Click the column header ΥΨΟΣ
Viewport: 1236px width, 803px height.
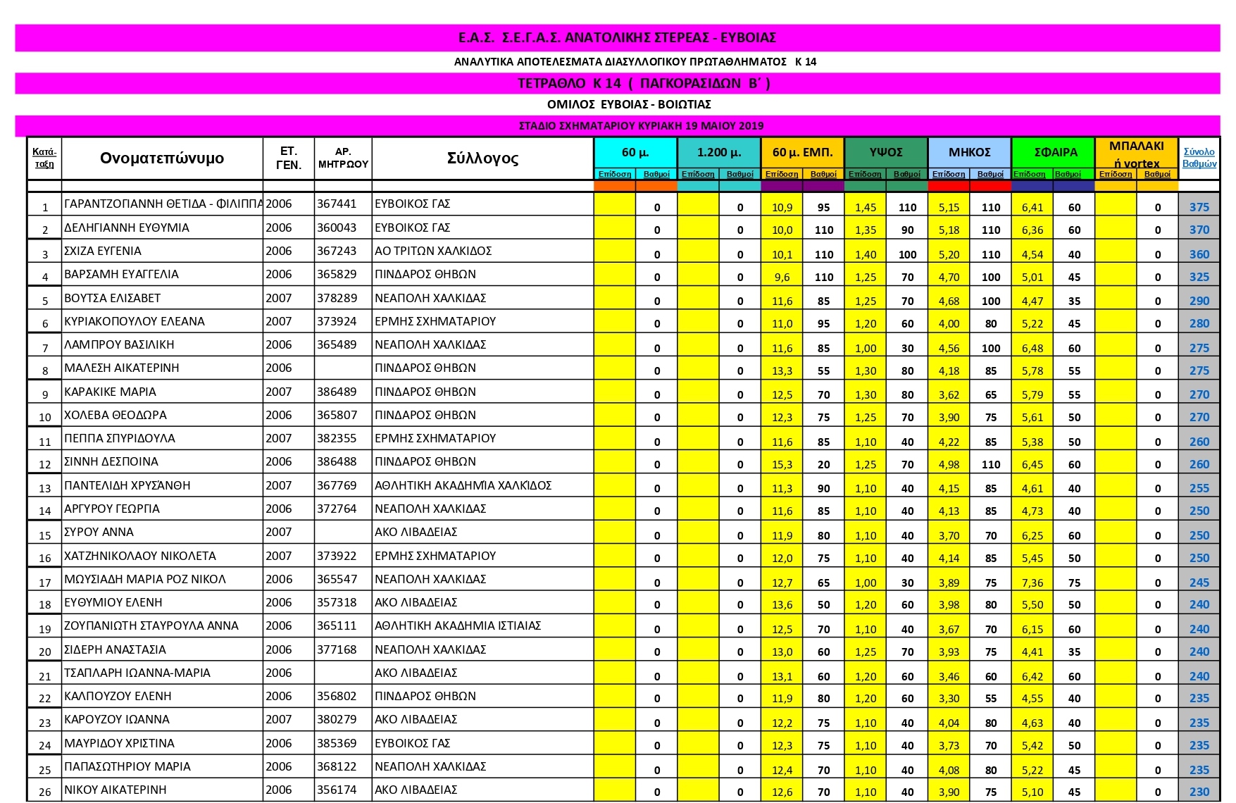click(886, 152)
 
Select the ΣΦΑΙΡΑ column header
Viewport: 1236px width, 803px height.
click(1055, 152)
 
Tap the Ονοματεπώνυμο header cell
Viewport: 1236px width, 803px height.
click(162, 158)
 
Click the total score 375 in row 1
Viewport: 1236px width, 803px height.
click(1199, 207)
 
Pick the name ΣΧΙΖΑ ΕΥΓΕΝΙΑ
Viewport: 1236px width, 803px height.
click(103, 251)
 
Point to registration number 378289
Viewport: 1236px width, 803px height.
click(337, 298)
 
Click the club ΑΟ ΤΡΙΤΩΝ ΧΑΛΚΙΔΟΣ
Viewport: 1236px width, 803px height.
click(433, 251)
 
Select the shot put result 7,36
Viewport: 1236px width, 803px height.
click(1032, 583)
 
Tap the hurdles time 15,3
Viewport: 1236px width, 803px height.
click(782, 465)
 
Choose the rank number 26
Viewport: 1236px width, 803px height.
click(45, 792)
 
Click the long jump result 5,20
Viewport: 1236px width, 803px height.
click(949, 254)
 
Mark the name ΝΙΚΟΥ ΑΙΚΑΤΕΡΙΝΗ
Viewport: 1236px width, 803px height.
click(116, 790)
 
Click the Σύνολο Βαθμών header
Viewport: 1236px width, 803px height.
click(1199, 158)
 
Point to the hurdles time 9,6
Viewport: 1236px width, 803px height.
click(782, 278)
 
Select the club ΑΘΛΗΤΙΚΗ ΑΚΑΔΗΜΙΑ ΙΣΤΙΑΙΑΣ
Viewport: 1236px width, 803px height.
click(458, 626)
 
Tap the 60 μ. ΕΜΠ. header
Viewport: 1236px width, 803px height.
click(802, 152)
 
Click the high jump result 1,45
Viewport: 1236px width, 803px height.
click(866, 207)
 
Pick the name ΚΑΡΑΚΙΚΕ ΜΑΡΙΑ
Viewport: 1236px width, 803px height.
click(111, 392)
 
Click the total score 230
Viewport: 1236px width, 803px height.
click(1199, 792)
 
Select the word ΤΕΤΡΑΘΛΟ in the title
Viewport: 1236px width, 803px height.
click(551, 83)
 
